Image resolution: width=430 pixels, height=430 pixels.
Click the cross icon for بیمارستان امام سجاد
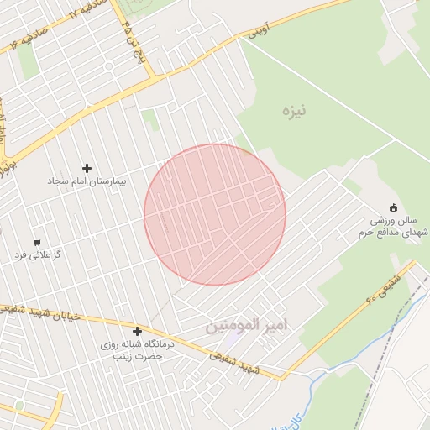[x=87, y=169]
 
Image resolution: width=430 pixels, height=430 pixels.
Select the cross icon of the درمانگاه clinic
[x=137, y=331]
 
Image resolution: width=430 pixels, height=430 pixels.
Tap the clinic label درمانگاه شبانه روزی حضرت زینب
[x=137, y=349]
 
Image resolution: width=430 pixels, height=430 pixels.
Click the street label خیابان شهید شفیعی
[x=42, y=313]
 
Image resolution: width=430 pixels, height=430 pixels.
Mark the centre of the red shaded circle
[x=215, y=215]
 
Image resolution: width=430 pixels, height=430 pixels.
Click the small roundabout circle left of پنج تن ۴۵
[x=109, y=65]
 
